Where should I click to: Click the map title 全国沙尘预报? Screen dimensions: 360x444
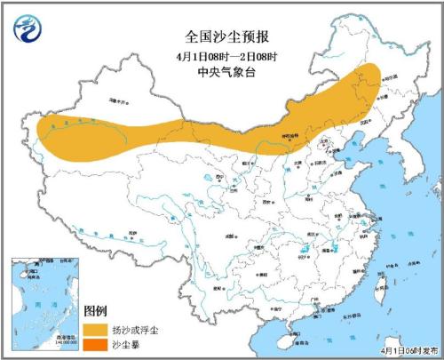218,37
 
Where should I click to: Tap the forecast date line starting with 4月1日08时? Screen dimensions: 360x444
218,58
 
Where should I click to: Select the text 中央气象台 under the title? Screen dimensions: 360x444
218,75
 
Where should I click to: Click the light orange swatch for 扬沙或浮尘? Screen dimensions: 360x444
99,328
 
